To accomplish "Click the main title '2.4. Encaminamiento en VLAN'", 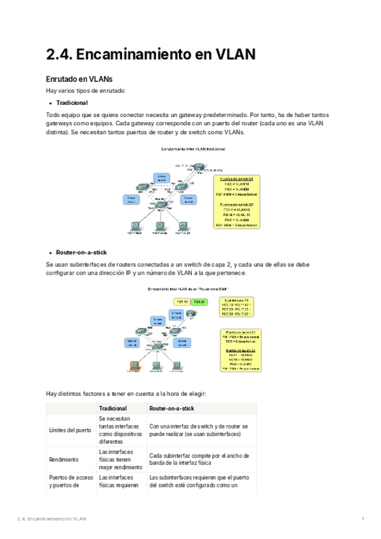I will tap(151, 55).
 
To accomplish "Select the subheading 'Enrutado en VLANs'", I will tap(79, 79).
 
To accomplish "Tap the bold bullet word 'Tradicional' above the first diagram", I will tap(72, 102).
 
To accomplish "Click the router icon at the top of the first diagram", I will tap(199, 167).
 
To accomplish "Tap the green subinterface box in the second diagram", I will tap(200, 301).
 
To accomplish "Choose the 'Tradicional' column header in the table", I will tap(113, 407).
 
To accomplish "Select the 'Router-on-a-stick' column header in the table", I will tap(173, 407).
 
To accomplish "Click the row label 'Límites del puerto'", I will tap(70, 430).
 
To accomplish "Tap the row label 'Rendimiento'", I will tap(64, 458).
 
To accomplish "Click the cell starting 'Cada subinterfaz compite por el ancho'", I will tap(199, 458).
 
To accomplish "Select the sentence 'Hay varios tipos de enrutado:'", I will tap(86, 91).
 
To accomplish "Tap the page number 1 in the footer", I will tap(362, 519).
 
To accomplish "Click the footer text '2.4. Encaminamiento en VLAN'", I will tap(51, 519).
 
